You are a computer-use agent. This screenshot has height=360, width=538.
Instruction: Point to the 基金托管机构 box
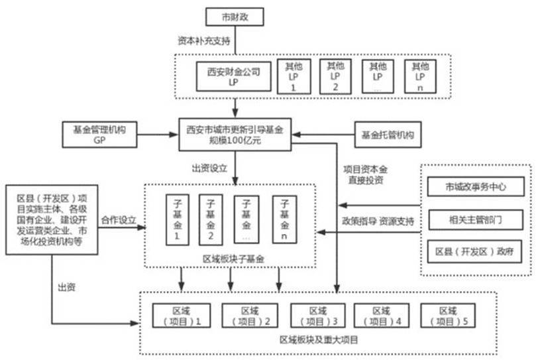pyautogui.click(x=387, y=135)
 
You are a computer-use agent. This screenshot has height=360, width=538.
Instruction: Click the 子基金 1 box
pyautogui.click(x=177, y=218)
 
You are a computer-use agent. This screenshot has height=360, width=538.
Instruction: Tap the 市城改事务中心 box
pyautogui.click(x=476, y=188)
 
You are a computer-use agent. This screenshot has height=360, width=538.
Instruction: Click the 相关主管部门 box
pyautogui.click(x=476, y=219)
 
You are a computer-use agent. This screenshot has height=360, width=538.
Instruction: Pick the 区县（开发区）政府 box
pyautogui.click(x=476, y=251)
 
